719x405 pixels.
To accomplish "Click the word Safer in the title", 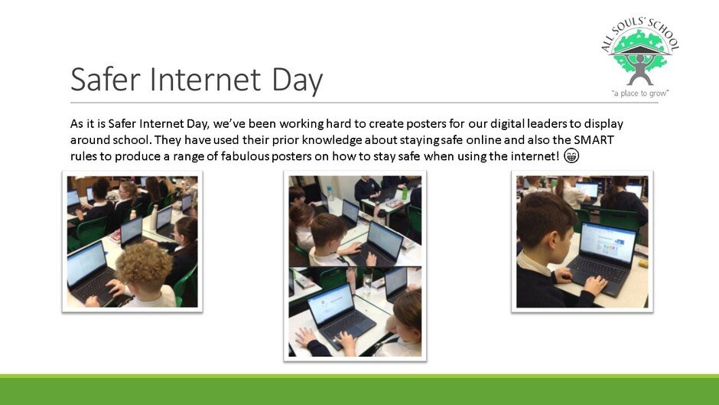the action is pos(105,79).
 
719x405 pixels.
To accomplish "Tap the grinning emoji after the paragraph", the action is pos(571,155).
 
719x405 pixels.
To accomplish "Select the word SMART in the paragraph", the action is pos(594,139).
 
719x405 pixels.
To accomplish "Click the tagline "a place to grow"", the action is pos(640,93).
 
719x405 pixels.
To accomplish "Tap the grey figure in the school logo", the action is pos(640,70).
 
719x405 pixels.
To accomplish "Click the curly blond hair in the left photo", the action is pos(144,266).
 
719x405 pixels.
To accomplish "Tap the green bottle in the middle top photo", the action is pos(405,193).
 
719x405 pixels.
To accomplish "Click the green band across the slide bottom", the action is pos(359,390).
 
